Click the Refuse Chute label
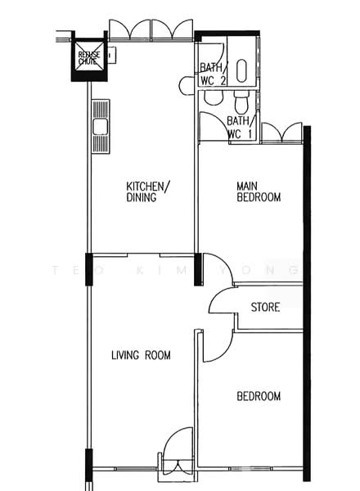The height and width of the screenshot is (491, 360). [x=89, y=58]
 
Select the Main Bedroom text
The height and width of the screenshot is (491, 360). [x=259, y=191]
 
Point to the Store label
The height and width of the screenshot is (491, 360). [x=265, y=307]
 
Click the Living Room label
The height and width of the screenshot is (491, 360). [x=141, y=355]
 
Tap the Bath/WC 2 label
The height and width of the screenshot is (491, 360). [x=214, y=74]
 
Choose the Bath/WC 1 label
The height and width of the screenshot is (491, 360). [x=240, y=128]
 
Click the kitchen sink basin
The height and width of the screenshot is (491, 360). [x=101, y=127]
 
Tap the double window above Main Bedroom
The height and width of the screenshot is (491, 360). [x=281, y=133]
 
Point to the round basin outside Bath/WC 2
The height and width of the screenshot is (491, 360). [x=187, y=85]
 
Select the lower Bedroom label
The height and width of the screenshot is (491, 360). [x=259, y=396]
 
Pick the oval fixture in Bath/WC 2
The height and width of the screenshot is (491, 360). [x=241, y=70]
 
